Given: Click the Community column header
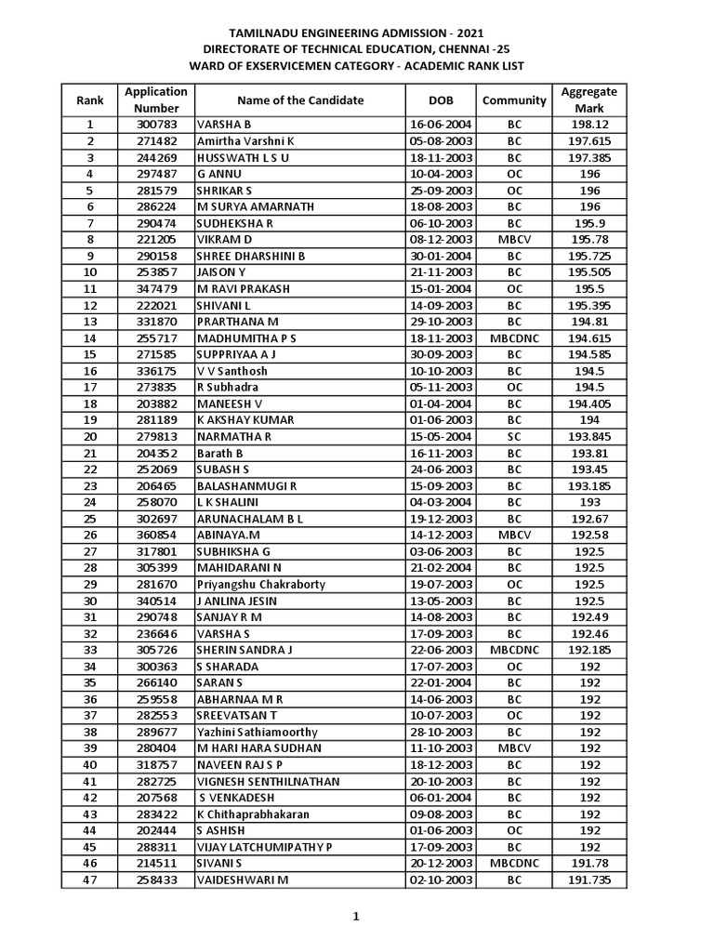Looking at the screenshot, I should tap(514, 100).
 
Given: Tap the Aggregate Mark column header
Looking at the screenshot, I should tap(589, 99).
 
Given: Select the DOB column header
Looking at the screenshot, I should tap(441, 100).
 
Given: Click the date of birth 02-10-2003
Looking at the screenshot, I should tap(441, 880).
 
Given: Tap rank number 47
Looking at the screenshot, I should tap(90, 880).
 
